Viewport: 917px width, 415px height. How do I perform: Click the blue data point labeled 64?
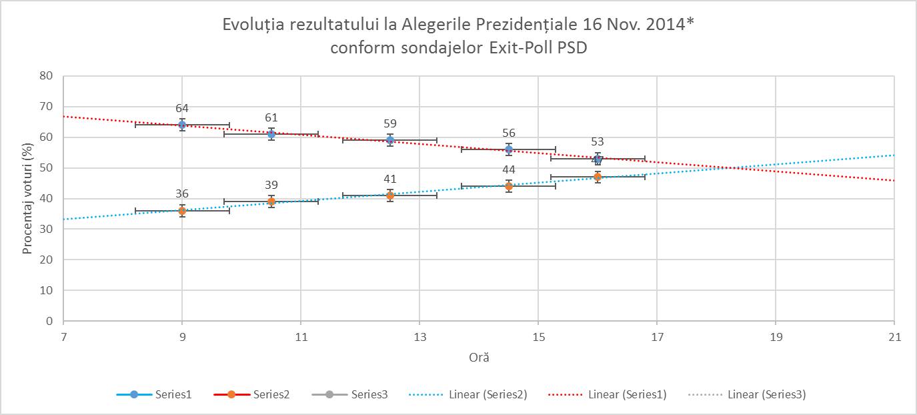182,125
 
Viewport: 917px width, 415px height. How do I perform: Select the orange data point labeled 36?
182,211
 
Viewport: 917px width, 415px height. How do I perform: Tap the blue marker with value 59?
390,140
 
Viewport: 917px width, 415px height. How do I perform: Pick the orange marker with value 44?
509,186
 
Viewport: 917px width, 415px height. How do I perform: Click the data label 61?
271,118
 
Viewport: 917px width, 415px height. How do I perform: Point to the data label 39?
271,185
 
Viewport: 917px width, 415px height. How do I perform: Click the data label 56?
509,133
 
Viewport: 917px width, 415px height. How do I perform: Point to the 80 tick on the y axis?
46,75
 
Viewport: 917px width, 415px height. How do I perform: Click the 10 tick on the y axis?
46,290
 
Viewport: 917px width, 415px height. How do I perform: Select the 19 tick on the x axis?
776,338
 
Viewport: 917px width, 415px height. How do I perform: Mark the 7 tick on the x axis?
63,338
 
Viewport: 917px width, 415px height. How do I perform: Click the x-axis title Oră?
479,358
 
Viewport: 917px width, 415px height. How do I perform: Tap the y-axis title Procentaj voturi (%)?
28,198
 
